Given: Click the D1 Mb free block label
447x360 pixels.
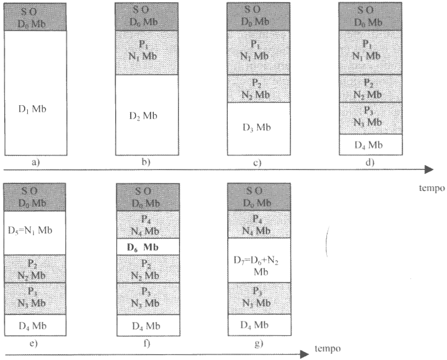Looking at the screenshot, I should coord(34,108).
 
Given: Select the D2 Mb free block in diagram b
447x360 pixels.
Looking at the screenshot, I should coord(146,115).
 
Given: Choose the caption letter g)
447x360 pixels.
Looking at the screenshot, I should coord(258,343).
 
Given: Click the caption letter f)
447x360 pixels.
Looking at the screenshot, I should coord(146,343).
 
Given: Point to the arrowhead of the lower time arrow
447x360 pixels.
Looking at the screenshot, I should coord(304,354).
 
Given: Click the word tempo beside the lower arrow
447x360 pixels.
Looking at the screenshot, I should coord(326,348).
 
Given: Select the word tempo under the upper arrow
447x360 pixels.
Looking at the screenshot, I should coord(432,188).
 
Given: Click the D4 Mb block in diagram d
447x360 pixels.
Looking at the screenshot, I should coord(370,144).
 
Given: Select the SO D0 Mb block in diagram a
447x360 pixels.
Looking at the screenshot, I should coord(35,16).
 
